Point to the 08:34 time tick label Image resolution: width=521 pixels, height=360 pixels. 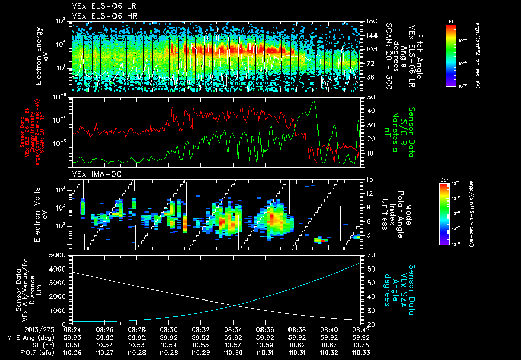[x=233, y=329]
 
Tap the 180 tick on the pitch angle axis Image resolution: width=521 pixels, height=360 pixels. [x=371, y=21]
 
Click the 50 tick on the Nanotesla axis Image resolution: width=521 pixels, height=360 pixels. [x=370, y=97]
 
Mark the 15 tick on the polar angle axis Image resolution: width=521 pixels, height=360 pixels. [x=370, y=179]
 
